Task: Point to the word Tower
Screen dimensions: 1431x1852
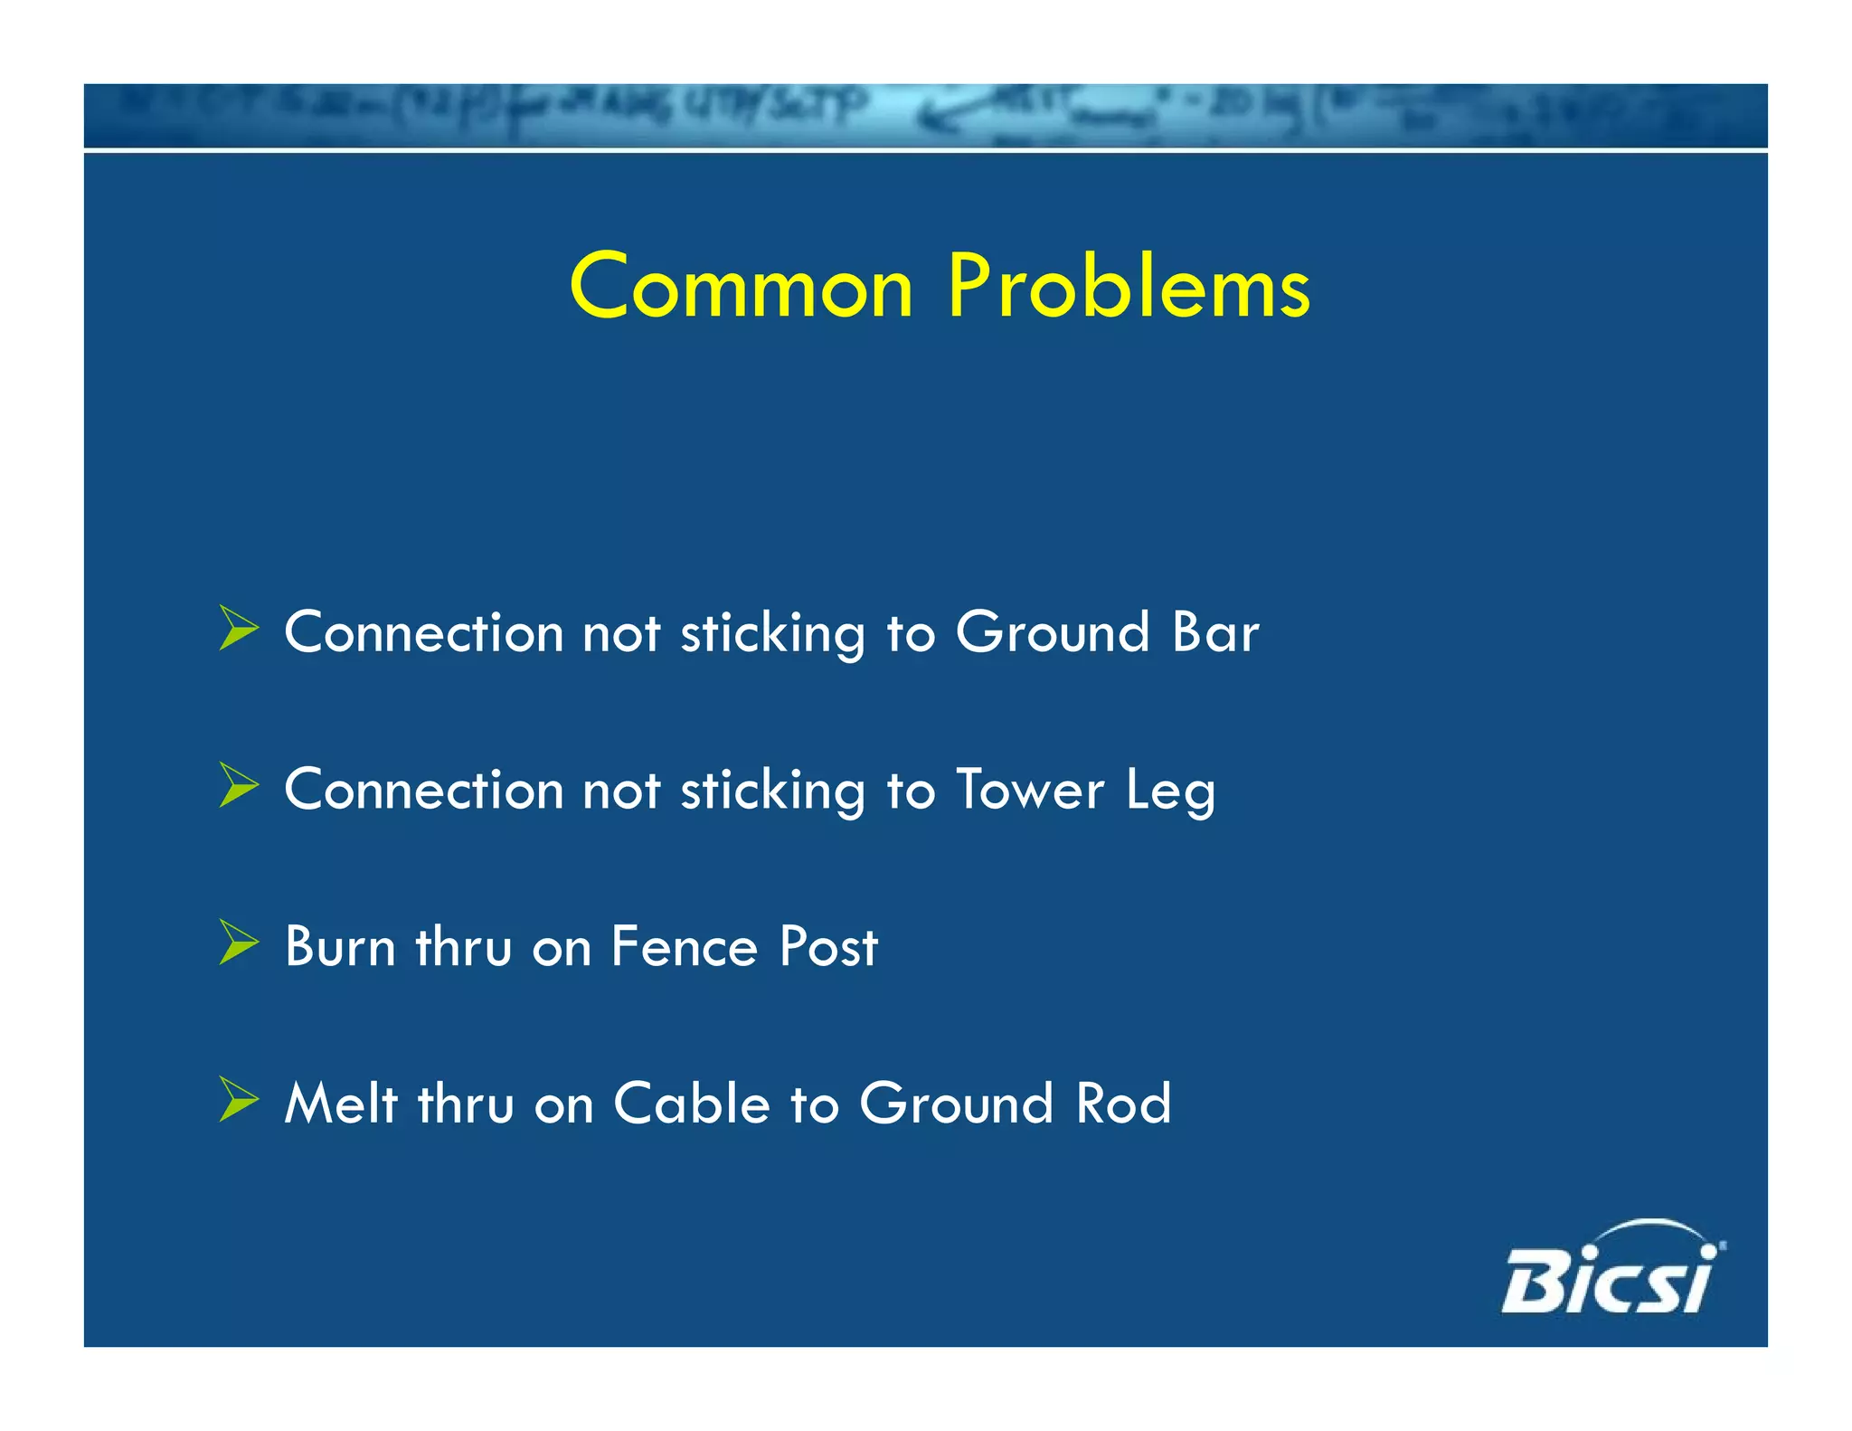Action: click(x=1030, y=789)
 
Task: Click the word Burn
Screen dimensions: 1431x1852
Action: click(x=340, y=946)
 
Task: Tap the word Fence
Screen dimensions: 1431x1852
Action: click(x=685, y=946)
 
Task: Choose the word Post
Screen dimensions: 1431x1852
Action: click(x=828, y=946)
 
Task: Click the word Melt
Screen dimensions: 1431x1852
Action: click(x=341, y=1104)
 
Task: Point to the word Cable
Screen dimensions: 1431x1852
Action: click(x=692, y=1104)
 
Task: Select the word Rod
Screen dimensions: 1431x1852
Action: click(x=1123, y=1104)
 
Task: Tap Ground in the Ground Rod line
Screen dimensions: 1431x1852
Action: click(x=956, y=1104)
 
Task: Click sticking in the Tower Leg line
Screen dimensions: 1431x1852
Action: click(x=773, y=791)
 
